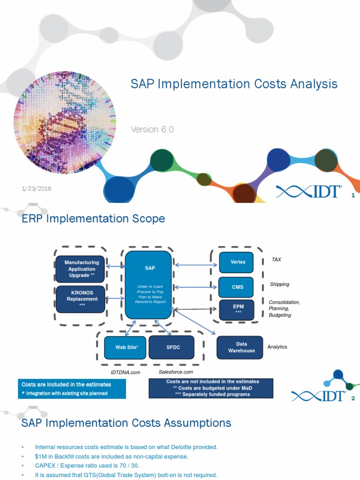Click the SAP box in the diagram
pyautogui.click(x=148, y=285)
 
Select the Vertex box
pyautogui.click(x=238, y=262)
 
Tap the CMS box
pyautogui.click(x=238, y=287)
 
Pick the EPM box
pyautogui.click(x=238, y=309)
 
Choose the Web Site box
pyautogui.click(x=125, y=347)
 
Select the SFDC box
pyautogui.click(x=171, y=347)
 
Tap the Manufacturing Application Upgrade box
pyautogui.click(x=82, y=269)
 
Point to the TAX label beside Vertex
pyautogui.click(x=276, y=259)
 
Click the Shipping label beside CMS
pyautogui.click(x=279, y=284)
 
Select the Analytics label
pyautogui.click(x=277, y=347)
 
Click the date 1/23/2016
pyautogui.click(x=36, y=188)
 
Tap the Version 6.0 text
pyautogui.click(x=152, y=129)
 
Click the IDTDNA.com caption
pyautogui.click(x=125, y=372)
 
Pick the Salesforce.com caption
pyautogui.click(x=176, y=372)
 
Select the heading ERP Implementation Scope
pyautogui.click(x=93, y=219)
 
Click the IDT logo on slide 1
pyautogui.click(x=308, y=192)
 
